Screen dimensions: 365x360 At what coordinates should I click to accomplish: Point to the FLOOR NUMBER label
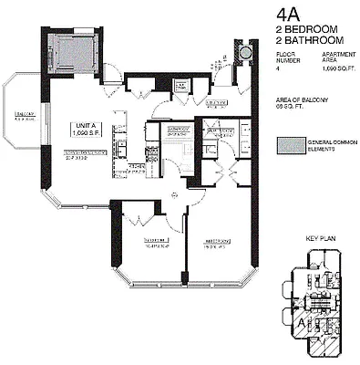coord(285,58)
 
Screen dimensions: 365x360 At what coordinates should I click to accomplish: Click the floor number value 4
coord(278,69)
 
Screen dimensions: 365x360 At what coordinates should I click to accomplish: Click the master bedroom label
coord(215,245)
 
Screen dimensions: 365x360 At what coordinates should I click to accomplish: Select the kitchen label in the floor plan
coord(134,165)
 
